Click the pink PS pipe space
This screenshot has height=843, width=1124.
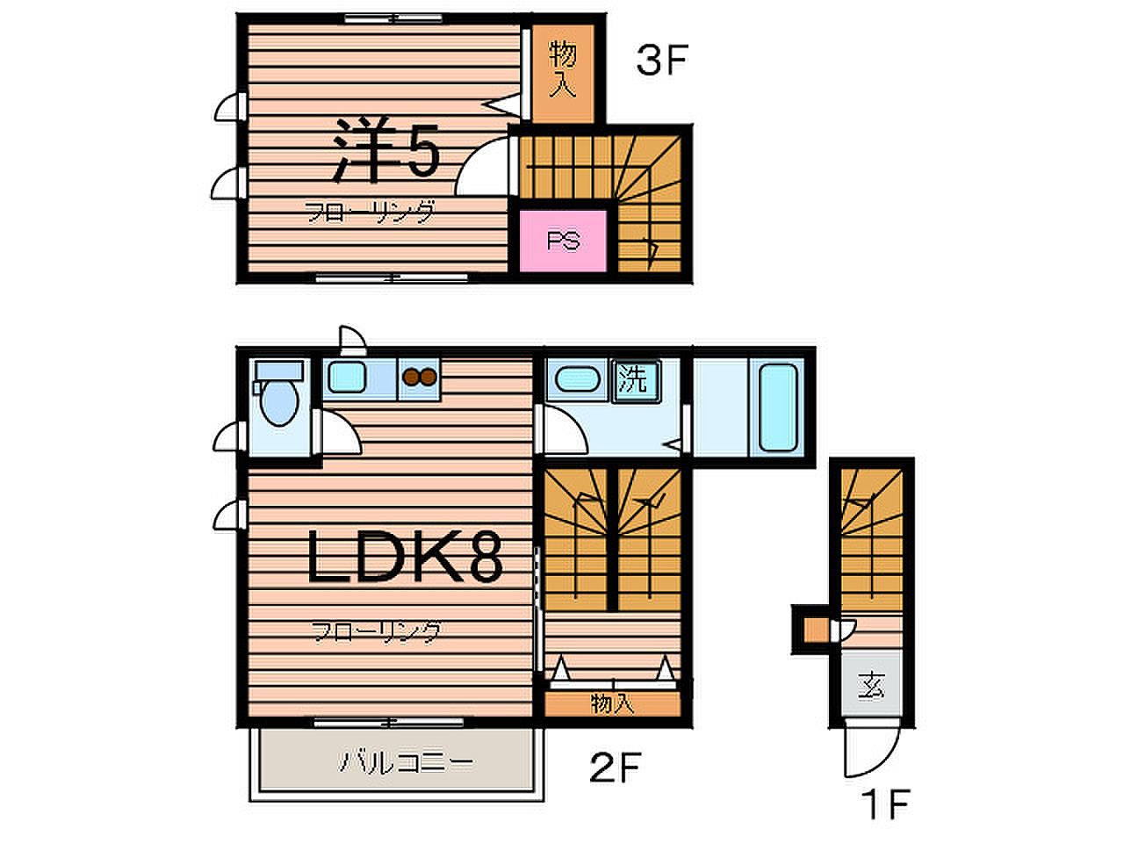[562, 241]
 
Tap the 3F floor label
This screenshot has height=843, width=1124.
[661, 61]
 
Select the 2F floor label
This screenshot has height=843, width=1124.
[615, 767]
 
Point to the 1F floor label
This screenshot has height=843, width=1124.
[885, 804]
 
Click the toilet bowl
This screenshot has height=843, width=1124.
[279, 402]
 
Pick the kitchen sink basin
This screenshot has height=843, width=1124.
[347, 378]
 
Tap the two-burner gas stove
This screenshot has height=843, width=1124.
[420, 378]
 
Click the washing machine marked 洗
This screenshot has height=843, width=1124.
[636, 381]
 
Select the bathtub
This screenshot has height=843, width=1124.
[777, 407]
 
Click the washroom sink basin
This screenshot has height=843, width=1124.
[577, 379]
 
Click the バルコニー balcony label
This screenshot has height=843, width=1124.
[406, 762]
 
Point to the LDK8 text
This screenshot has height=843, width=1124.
[404, 556]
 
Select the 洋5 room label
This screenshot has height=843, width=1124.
[386, 150]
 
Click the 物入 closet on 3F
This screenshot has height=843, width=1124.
[563, 73]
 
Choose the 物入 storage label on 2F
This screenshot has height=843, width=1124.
[612, 705]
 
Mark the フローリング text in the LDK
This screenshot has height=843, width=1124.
[376, 632]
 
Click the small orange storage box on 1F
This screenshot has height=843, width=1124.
[817, 630]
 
